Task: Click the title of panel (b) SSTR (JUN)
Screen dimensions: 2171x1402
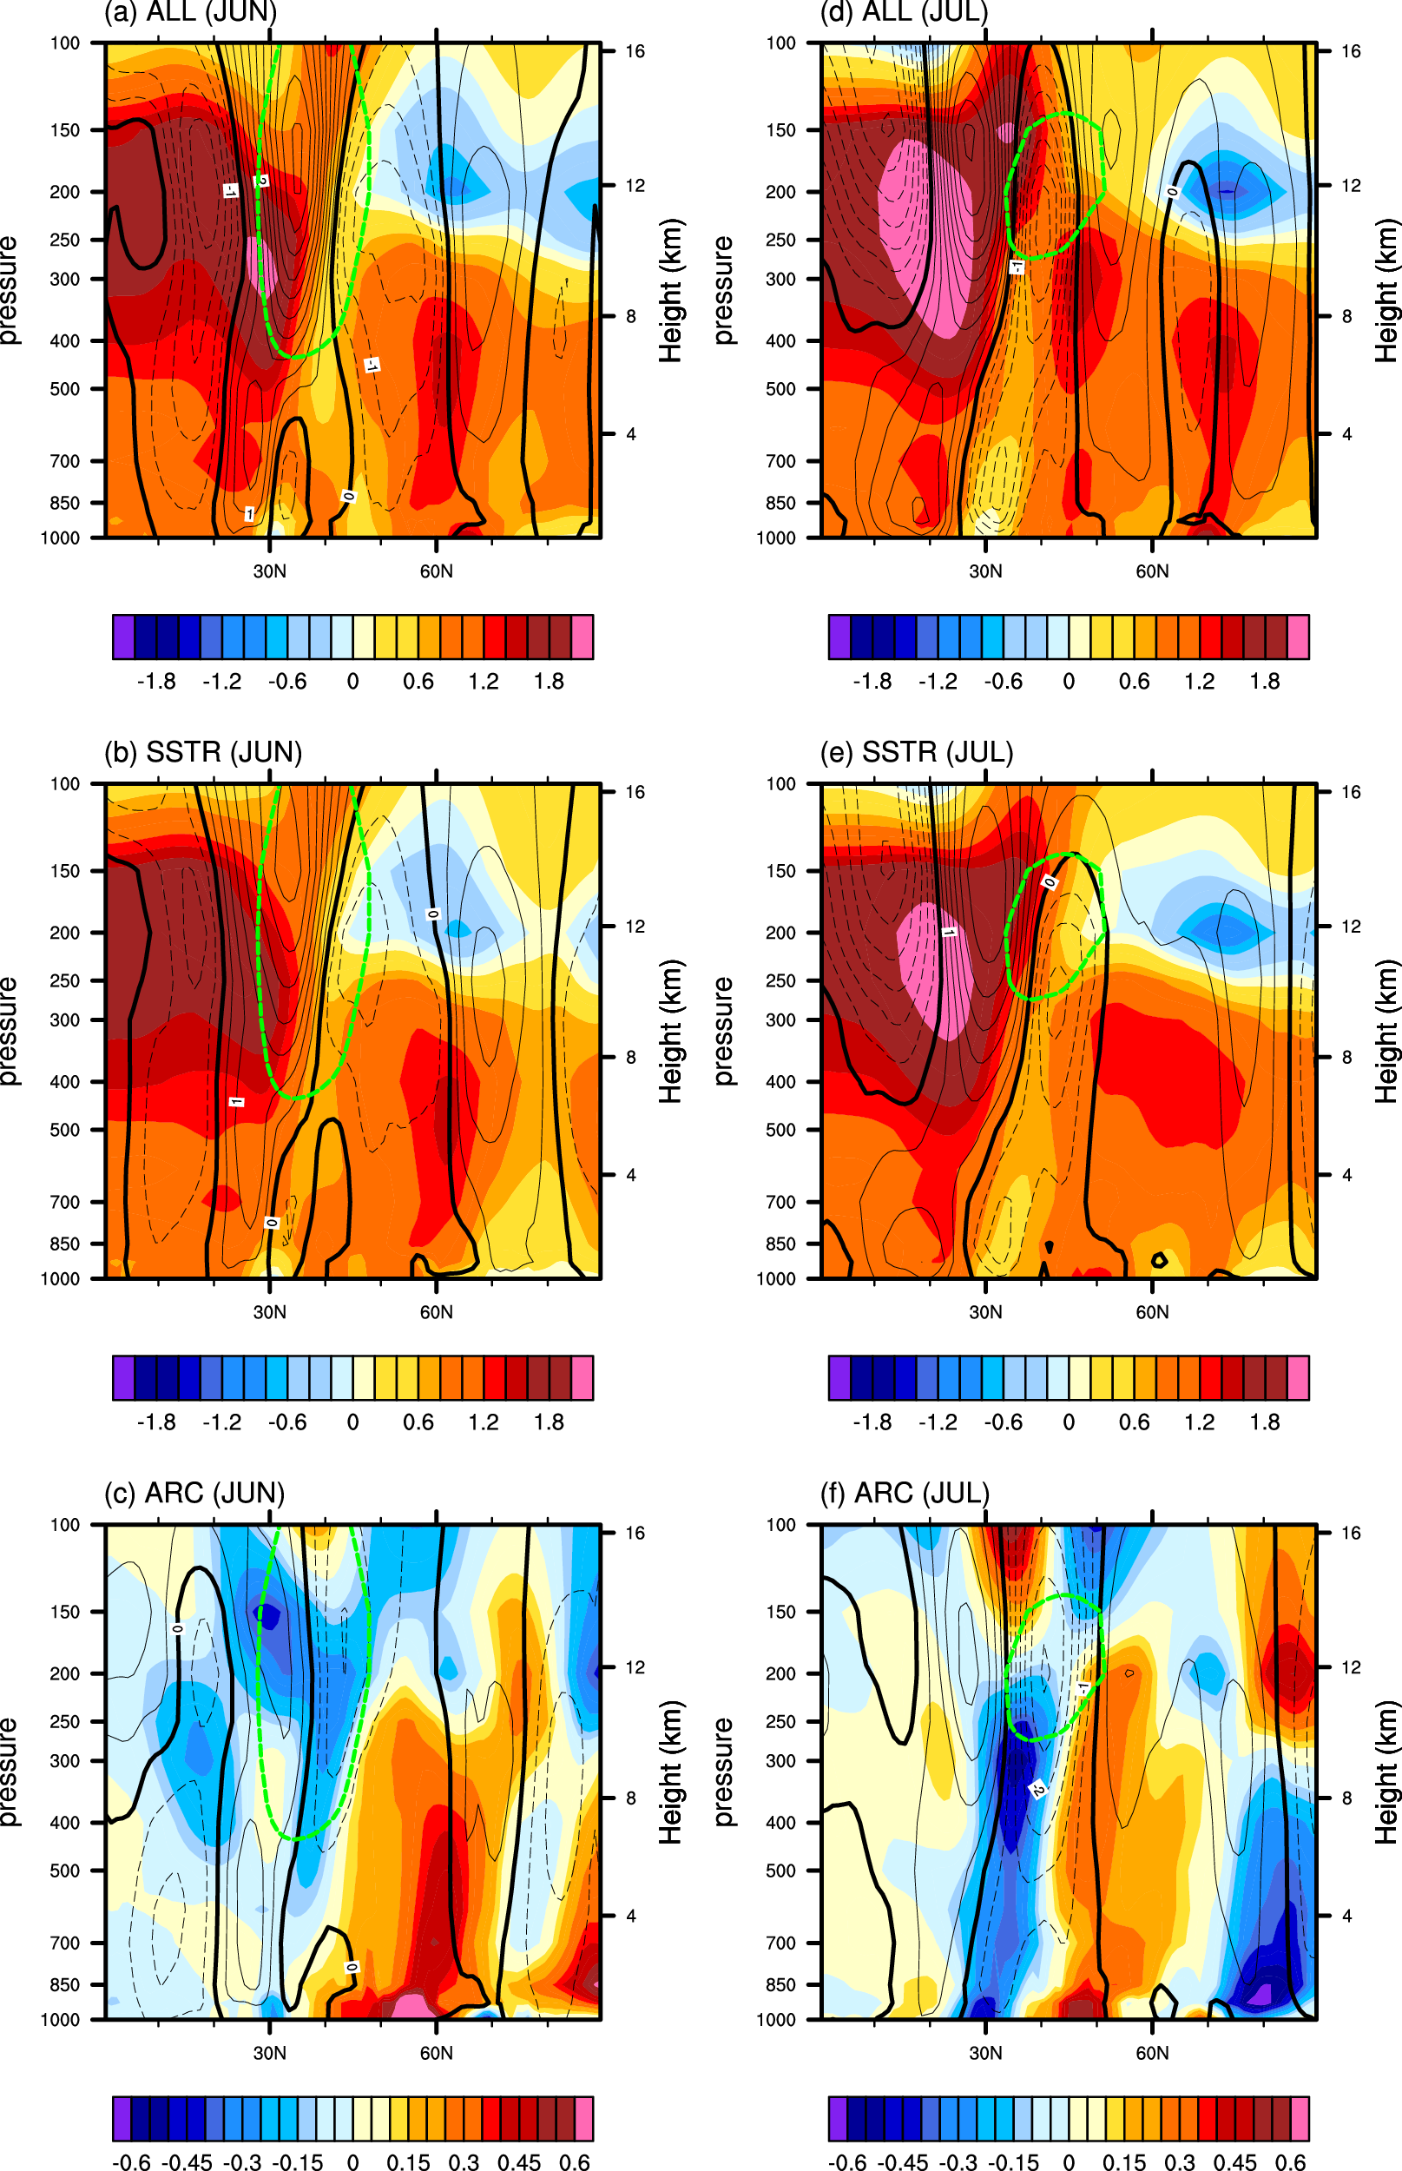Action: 202,752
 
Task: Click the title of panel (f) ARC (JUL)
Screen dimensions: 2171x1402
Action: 904,1494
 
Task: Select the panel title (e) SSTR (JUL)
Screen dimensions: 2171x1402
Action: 916,752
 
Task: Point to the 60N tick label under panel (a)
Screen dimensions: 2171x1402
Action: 436,571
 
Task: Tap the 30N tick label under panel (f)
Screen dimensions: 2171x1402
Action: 985,2054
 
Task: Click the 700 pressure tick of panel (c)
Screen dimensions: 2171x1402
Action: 64,1943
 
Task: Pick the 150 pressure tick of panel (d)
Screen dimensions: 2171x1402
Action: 780,130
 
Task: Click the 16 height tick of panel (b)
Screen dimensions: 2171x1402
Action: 635,792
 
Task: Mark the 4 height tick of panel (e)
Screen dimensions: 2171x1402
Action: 1346,1175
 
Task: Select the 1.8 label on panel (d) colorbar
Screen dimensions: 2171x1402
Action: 1265,681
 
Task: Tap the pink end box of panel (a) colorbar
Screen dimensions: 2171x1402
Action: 582,637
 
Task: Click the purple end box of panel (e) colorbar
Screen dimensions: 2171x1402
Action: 839,1377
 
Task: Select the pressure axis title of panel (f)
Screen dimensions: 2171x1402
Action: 723,1772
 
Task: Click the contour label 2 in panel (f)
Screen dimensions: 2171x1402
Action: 1037,1790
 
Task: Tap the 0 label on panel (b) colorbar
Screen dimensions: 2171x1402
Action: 352,1422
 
